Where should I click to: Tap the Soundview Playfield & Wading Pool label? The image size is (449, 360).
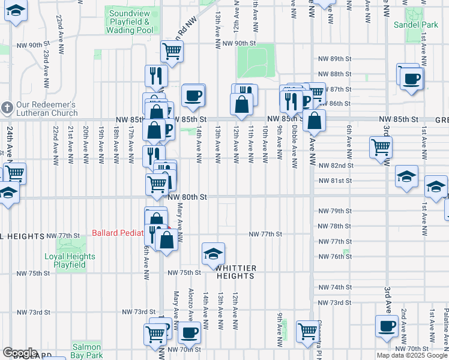128,21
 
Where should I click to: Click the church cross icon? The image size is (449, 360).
7,108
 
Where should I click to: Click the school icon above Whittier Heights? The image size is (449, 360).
213,253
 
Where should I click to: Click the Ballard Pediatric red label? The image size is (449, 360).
118,233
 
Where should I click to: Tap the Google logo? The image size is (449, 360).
20,353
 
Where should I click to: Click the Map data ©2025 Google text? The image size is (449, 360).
411,355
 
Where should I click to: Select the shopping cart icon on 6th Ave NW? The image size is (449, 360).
381,146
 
